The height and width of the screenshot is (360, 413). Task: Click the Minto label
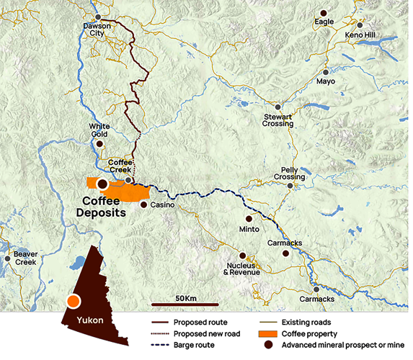pos(248,230)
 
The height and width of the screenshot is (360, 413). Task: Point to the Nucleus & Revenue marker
pos(243,256)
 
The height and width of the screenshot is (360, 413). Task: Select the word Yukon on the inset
pos(90,320)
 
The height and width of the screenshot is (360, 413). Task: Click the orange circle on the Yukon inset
pos(73,302)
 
